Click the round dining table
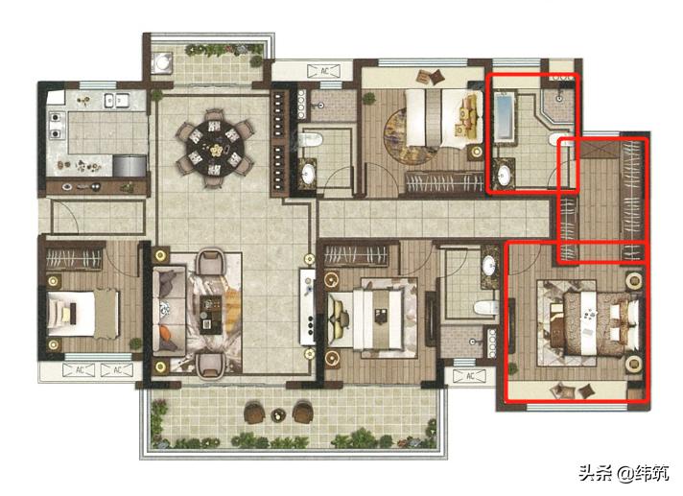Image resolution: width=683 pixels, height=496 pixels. pos(214,148)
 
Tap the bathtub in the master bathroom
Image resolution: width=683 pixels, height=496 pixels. pos(505,116)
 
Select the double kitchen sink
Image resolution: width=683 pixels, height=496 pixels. pos(116,101)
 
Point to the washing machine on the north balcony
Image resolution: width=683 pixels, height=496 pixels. pos(162,61)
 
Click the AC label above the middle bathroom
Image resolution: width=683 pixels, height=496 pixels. pos(324,71)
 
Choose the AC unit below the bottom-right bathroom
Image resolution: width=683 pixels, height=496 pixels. pos(470,375)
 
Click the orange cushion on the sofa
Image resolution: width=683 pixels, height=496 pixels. pos(166,333)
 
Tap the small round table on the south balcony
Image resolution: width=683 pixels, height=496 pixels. pos(277,415)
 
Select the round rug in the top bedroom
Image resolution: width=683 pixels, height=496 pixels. pos(408,136)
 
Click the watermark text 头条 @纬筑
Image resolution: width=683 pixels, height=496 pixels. pos(624,473)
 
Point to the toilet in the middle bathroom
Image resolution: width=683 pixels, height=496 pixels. pos(312,139)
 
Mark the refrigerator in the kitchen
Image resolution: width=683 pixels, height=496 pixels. pos(130,166)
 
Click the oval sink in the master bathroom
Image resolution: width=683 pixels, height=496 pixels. pos(505,176)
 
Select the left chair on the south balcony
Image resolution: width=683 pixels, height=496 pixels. pos(254,413)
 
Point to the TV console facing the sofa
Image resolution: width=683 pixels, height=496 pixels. pos(308,307)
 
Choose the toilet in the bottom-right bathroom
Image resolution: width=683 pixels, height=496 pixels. pos(485,307)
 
